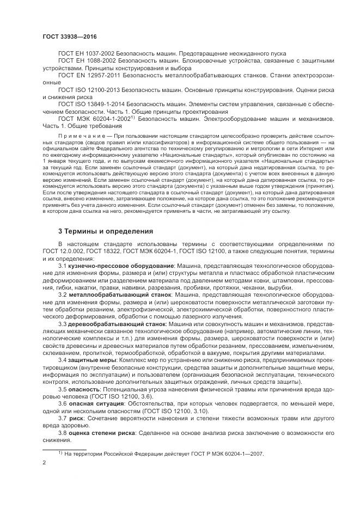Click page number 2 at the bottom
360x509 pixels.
(x=44, y=462)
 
